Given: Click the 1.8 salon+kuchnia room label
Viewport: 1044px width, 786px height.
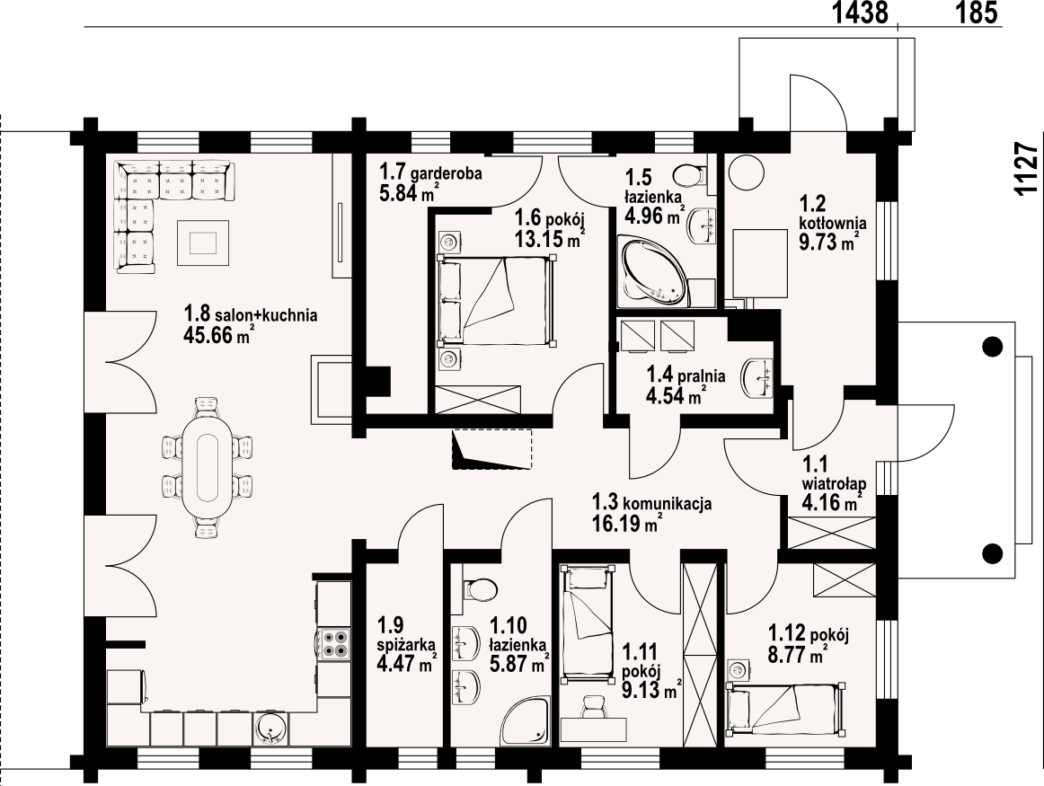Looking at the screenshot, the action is click(251, 314).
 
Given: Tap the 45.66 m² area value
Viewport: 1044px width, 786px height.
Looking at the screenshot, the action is click(217, 335).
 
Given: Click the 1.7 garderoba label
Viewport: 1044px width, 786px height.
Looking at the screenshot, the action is click(430, 173).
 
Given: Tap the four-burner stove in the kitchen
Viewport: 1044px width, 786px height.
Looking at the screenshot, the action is click(333, 643).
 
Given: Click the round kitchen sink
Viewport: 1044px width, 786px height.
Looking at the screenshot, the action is click(270, 729).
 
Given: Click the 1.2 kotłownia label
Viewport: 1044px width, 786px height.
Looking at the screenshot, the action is click(832, 213).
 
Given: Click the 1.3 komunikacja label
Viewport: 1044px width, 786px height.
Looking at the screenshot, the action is click(652, 503).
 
